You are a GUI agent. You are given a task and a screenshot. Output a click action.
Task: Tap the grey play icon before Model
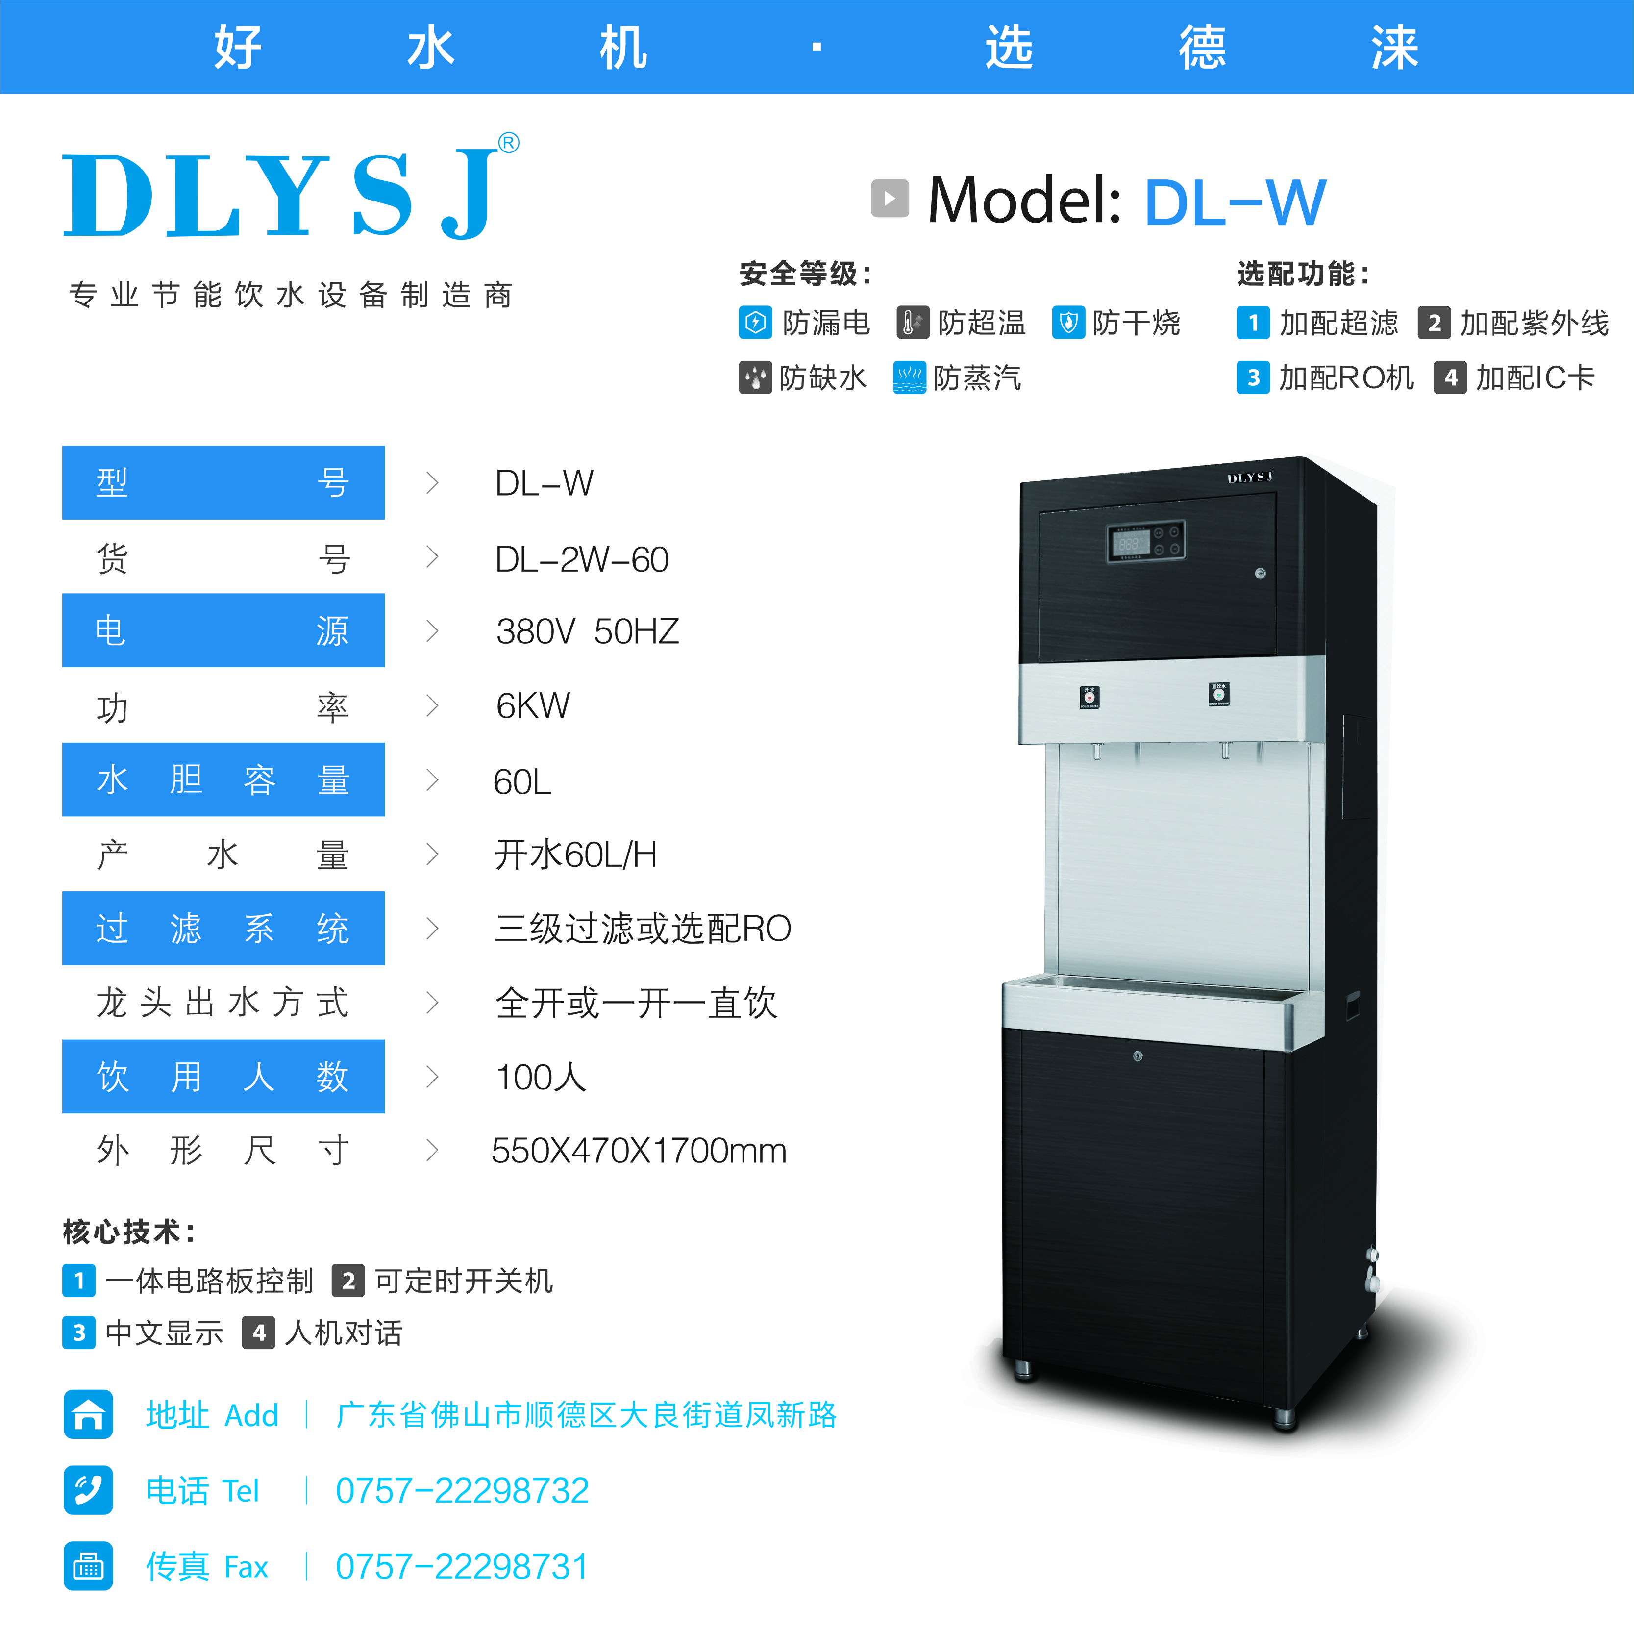click(890, 199)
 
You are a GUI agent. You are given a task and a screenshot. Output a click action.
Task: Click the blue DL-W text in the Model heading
click(1235, 203)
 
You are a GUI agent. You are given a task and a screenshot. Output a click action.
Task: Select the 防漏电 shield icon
click(755, 323)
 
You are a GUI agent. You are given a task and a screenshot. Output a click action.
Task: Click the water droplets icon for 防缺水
click(755, 377)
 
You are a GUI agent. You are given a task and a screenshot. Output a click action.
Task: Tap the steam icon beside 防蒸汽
click(910, 377)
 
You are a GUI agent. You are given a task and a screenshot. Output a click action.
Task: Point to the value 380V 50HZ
click(588, 631)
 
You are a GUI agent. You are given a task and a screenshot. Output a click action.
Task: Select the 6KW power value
click(533, 706)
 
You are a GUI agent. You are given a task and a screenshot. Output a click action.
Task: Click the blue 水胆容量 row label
click(223, 779)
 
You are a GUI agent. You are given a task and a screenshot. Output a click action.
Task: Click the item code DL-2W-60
click(582, 559)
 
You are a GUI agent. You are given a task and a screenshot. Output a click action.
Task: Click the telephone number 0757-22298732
click(462, 1491)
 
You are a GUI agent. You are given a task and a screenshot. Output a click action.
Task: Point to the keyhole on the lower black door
click(1138, 1056)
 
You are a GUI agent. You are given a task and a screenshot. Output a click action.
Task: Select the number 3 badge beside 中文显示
click(78, 1333)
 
